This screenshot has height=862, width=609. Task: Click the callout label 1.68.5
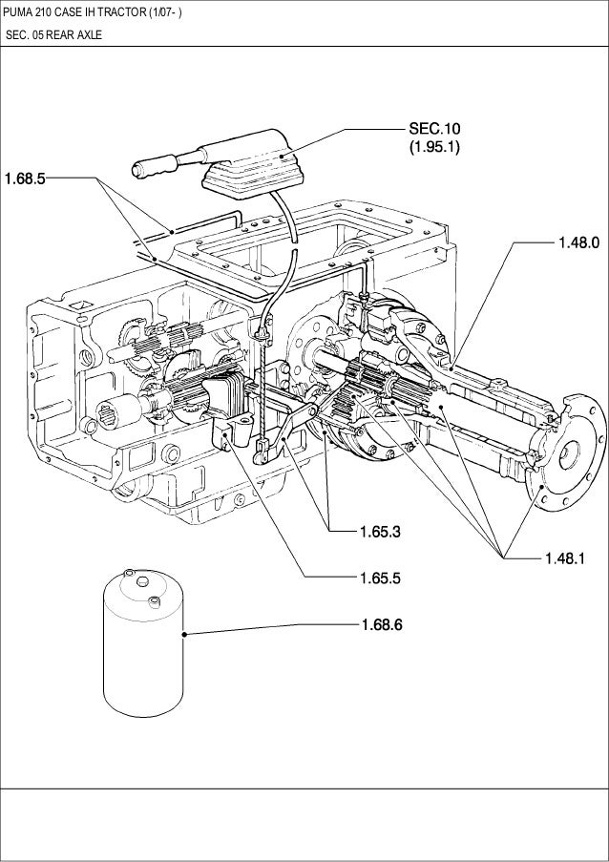25,178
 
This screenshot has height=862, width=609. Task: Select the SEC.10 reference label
434,129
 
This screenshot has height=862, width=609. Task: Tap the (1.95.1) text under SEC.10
434,147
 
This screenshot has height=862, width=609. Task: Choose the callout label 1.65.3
380,530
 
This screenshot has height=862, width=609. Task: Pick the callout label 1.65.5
381,577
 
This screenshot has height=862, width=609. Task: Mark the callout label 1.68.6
381,625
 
